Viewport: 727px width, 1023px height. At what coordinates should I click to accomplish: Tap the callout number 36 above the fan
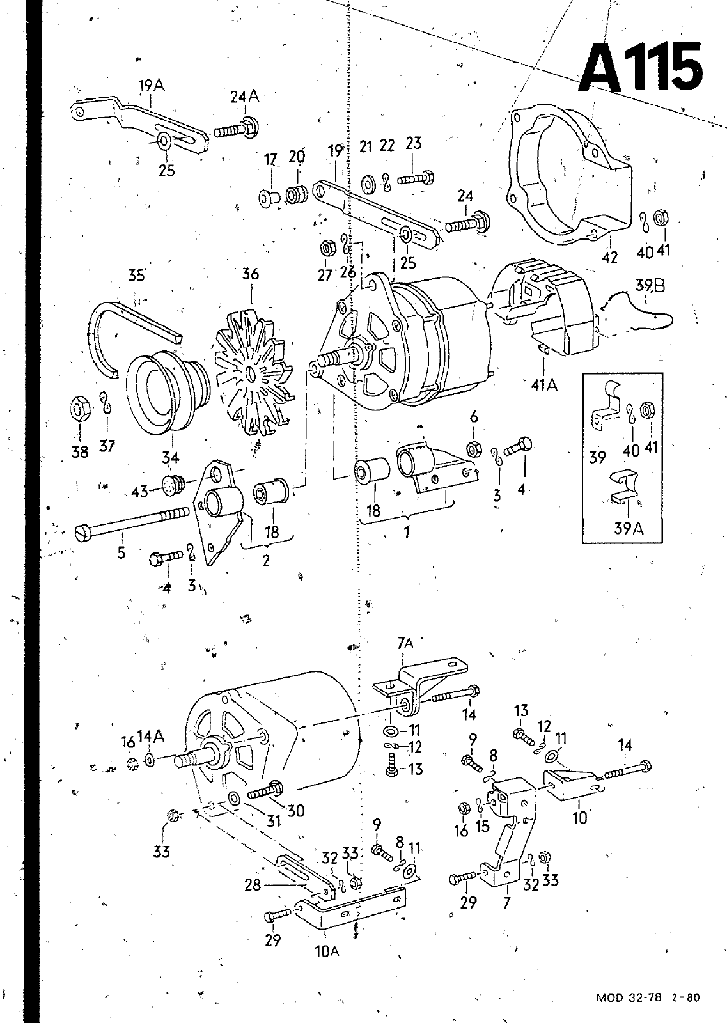pos(250,274)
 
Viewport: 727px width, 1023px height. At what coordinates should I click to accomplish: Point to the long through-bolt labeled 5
pos(132,522)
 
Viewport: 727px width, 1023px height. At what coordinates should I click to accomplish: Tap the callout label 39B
pos(650,286)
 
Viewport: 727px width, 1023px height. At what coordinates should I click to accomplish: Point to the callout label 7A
pos(405,643)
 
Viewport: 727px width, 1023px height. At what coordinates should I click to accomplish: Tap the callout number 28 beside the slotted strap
pos(253,885)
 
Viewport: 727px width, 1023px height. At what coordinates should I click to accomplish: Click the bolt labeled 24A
pos(236,128)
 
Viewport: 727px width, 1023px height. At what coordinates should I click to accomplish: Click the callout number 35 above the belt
pos(137,276)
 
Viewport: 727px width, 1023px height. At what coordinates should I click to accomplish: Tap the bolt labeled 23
pos(414,178)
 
